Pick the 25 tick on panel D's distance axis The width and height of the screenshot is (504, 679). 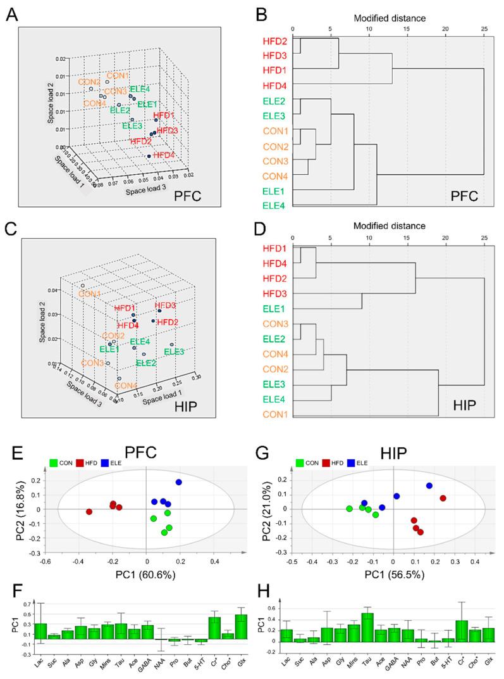[484, 234]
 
